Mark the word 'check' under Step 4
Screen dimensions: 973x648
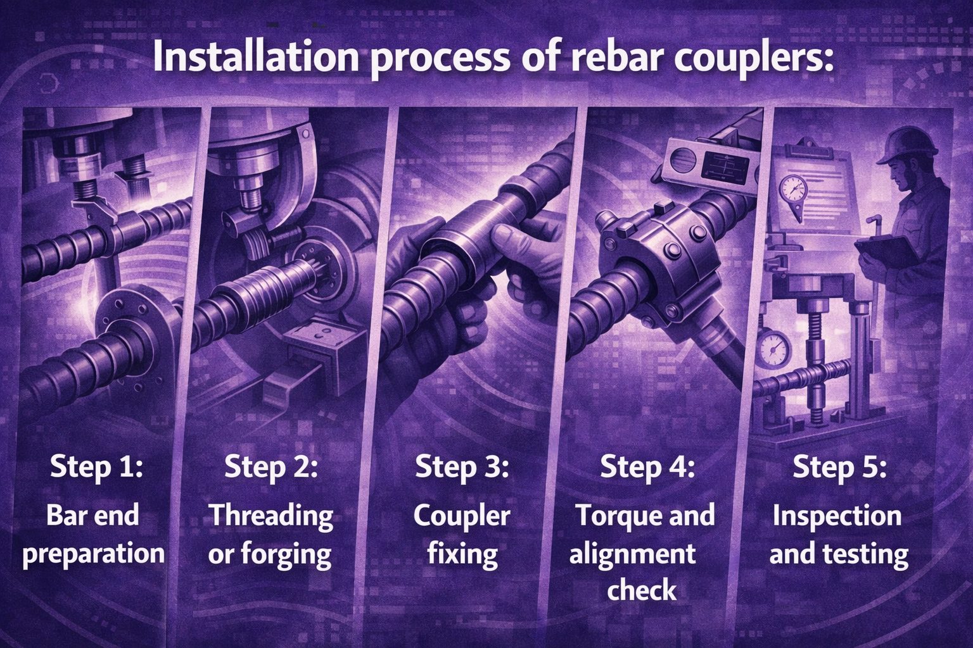(x=642, y=590)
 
